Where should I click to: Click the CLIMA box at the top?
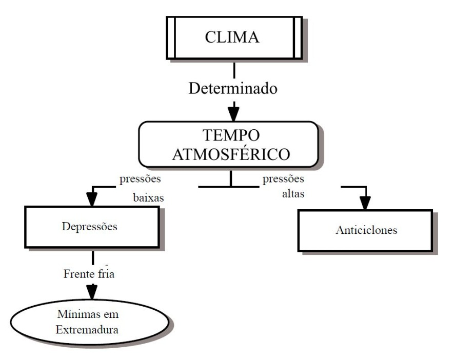(x=234, y=38)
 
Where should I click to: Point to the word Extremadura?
(x=89, y=329)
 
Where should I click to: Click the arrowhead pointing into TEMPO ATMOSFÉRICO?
(x=234, y=111)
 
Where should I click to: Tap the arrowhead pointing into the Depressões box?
(x=92, y=198)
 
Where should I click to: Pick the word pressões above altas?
(x=283, y=179)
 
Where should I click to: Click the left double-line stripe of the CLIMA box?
(x=171, y=38)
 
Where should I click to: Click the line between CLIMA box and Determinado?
(x=234, y=70)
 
